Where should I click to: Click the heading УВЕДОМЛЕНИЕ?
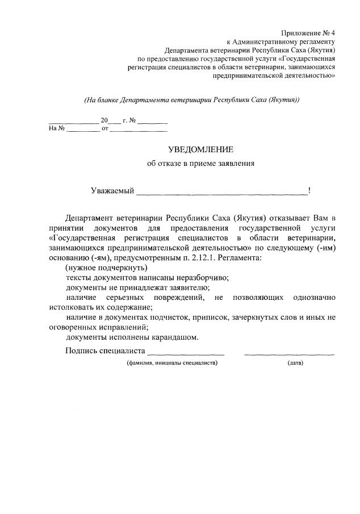click(200, 149)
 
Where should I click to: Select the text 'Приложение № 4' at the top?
click(308, 34)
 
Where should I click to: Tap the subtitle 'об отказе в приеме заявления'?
click(200, 164)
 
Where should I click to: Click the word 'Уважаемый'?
click(112, 191)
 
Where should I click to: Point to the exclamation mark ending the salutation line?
click(309, 191)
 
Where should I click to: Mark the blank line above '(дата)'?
click(289, 353)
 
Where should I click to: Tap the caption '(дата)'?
click(295, 363)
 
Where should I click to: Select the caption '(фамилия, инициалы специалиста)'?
click(171, 363)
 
